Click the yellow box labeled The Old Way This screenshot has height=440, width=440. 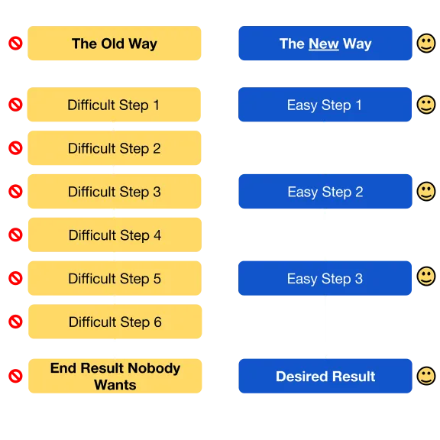pyautogui.click(x=115, y=44)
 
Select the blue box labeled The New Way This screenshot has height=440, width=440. pyautogui.click(x=325, y=44)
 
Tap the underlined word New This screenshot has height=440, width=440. pyautogui.click(x=324, y=44)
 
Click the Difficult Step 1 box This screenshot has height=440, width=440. pyautogui.click(x=114, y=105)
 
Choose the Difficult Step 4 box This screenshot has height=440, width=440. pyautogui.click(x=115, y=235)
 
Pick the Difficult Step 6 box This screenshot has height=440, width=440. pyautogui.click(x=115, y=322)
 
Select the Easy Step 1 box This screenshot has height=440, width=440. pyautogui.click(x=325, y=105)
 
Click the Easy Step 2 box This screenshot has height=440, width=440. pyautogui.click(x=325, y=192)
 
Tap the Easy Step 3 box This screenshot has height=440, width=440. pyautogui.click(x=325, y=278)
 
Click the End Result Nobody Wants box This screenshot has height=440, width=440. pyautogui.click(x=115, y=376)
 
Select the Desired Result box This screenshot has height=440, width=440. pyautogui.click(x=325, y=376)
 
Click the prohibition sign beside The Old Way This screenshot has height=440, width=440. pyautogui.click(x=15, y=44)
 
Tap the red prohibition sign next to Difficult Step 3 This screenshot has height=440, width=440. pyautogui.click(x=15, y=192)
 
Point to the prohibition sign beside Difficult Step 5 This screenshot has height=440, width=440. pyautogui.click(x=15, y=278)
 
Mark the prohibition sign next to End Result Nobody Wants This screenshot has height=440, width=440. pyautogui.click(x=15, y=376)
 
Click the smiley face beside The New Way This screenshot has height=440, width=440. pyautogui.click(x=426, y=44)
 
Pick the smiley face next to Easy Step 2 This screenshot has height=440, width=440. pyautogui.click(x=426, y=192)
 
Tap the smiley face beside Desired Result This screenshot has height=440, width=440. pyautogui.click(x=426, y=376)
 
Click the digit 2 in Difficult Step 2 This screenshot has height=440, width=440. pyautogui.click(x=157, y=148)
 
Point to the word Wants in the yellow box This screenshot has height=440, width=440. pyautogui.click(x=115, y=385)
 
